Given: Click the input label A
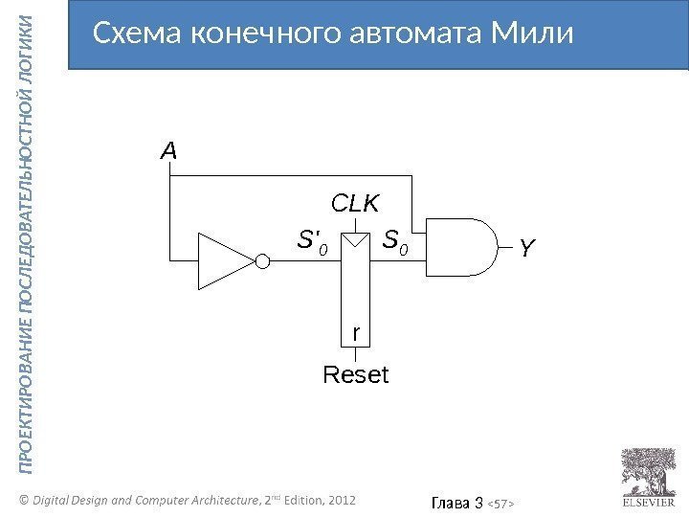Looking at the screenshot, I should point(168,151).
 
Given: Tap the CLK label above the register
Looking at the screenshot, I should point(355,203).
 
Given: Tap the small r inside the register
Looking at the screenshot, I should point(356,332).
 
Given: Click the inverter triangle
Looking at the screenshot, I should point(221,258).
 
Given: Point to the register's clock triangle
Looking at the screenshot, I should point(355,239).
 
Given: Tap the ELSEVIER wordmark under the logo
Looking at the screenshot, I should point(646,501).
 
